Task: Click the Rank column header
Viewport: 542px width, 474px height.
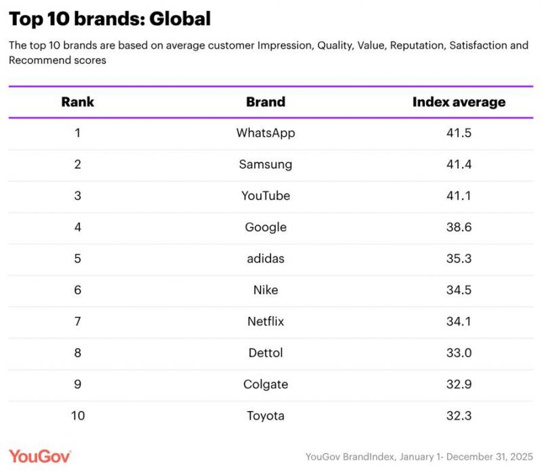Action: [x=77, y=102]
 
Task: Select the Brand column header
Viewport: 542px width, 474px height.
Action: [x=266, y=102]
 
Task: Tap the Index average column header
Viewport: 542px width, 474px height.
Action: [x=459, y=102]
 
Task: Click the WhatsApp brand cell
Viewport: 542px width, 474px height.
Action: [x=266, y=133]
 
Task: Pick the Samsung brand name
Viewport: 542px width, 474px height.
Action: [x=266, y=165]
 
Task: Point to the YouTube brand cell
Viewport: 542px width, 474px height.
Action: [x=266, y=196]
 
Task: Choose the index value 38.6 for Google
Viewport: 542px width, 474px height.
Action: [x=459, y=228]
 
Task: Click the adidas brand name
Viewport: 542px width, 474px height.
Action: [x=266, y=259]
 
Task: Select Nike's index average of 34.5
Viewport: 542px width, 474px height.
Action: [x=459, y=290]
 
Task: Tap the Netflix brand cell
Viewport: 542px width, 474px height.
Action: [x=266, y=322]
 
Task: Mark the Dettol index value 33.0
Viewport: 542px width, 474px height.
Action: [x=459, y=353]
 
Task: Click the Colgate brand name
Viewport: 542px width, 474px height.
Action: [x=266, y=384]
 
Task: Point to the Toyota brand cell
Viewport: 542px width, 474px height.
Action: [x=266, y=416]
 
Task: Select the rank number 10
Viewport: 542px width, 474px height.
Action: [x=78, y=416]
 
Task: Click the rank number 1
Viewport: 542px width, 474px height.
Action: [x=77, y=133]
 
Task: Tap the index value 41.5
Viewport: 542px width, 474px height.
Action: [x=459, y=133]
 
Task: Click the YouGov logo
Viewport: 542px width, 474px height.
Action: [x=39, y=456]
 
